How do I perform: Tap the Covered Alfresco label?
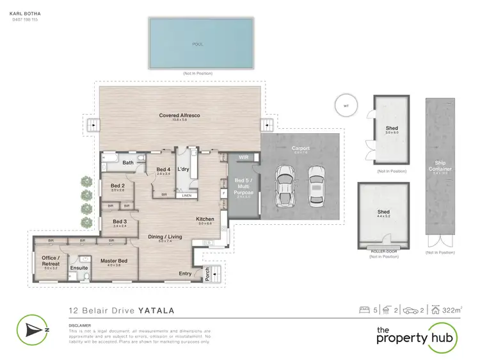(x=180, y=116)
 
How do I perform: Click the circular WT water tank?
(x=346, y=106)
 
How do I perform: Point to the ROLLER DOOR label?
(x=384, y=251)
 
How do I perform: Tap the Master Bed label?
(x=114, y=261)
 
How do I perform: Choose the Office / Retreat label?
(x=51, y=261)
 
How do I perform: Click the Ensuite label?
(x=79, y=268)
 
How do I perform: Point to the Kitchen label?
(x=205, y=219)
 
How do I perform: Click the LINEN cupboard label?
(x=186, y=195)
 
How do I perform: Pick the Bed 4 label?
(x=164, y=170)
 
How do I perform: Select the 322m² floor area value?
(x=454, y=311)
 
